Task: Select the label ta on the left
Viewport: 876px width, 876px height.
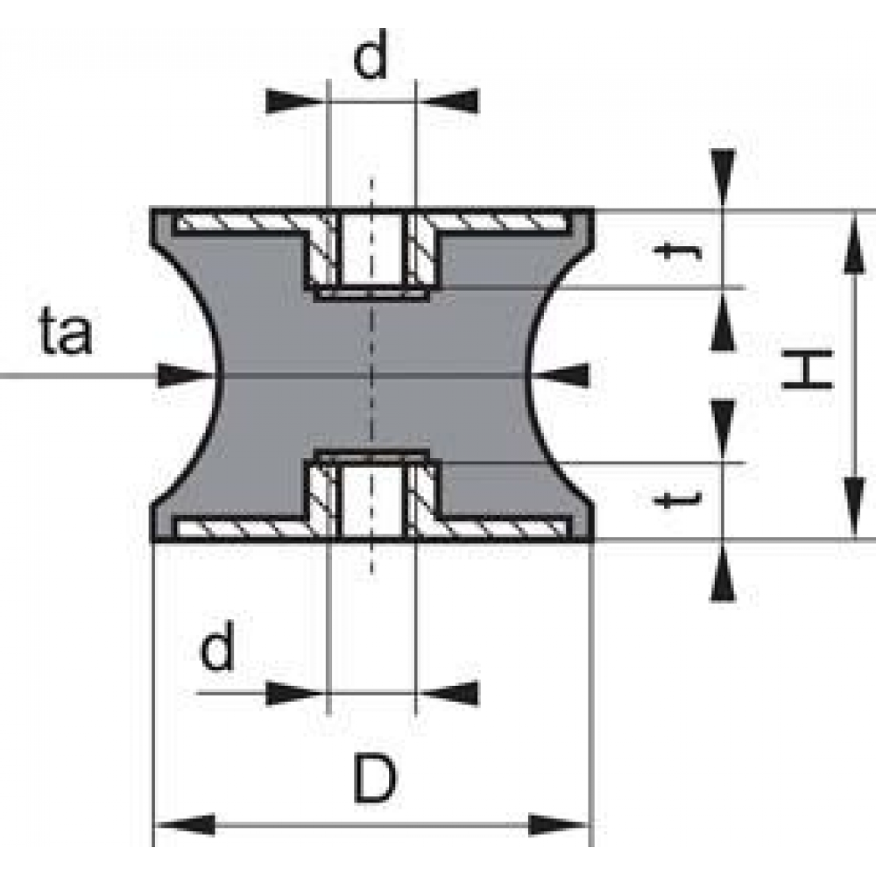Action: pyautogui.click(x=67, y=332)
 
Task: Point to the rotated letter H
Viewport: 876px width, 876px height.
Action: pyautogui.click(x=808, y=368)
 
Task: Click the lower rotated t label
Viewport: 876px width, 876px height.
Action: pyautogui.click(x=677, y=499)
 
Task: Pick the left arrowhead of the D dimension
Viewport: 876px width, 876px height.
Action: pyautogui.click(x=184, y=824)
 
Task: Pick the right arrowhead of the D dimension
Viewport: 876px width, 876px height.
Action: pyautogui.click(x=559, y=824)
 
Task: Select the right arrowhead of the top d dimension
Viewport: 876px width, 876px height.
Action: pyautogui.click(x=448, y=101)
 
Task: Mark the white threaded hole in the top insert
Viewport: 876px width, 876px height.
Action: pyautogui.click(x=372, y=250)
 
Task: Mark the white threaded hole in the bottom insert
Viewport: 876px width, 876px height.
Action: pyautogui.click(x=372, y=500)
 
